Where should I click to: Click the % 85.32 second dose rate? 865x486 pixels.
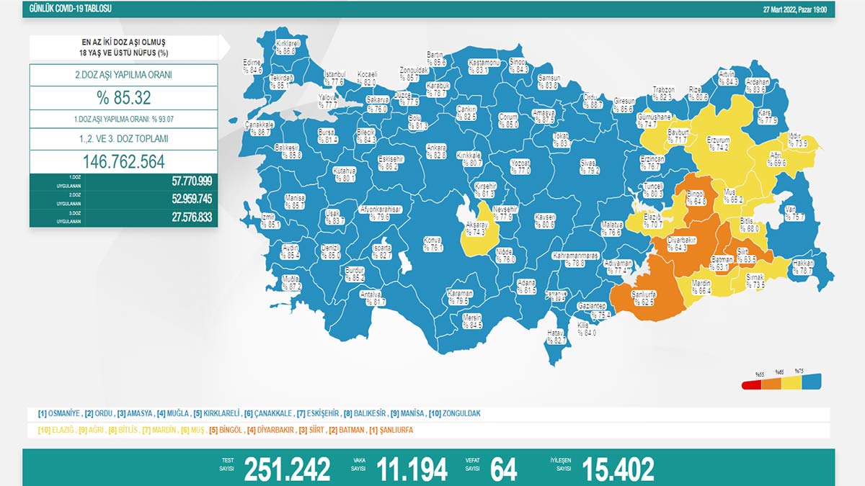coord(124,97)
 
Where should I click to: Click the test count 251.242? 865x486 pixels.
coord(287,469)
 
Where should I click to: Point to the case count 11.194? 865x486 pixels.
coord(412,469)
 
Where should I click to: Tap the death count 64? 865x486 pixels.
coord(503,469)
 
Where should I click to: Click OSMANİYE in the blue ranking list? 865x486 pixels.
coord(64,414)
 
